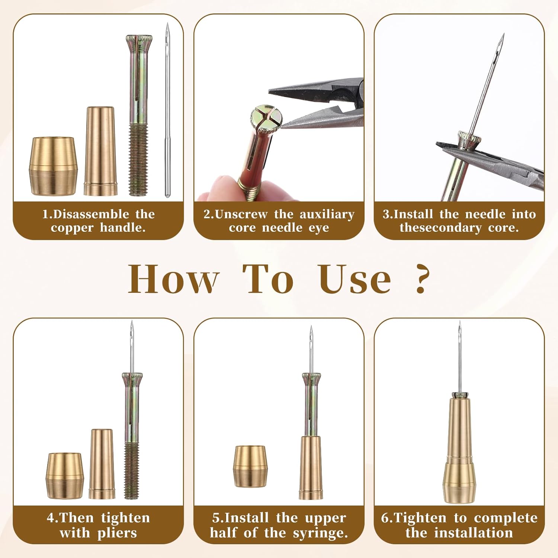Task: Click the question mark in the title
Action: pyautogui.click(x=421, y=279)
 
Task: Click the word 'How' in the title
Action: pyautogui.click(x=173, y=279)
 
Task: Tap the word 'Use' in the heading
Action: pyautogui.click(x=355, y=279)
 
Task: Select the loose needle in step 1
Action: pyautogui.click(x=167, y=112)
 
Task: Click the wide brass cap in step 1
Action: pyautogui.click(x=53, y=166)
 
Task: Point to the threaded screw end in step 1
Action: pyautogui.click(x=138, y=160)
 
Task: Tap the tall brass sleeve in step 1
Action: pyautogui.click(x=100, y=151)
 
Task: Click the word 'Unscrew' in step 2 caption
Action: pyautogui.click(x=241, y=214)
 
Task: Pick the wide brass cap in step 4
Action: pyautogui.click(x=65, y=475)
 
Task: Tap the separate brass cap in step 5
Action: pyautogui.click(x=250, y=466)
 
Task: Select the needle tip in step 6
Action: pyautogui.click(x=459, y=325)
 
